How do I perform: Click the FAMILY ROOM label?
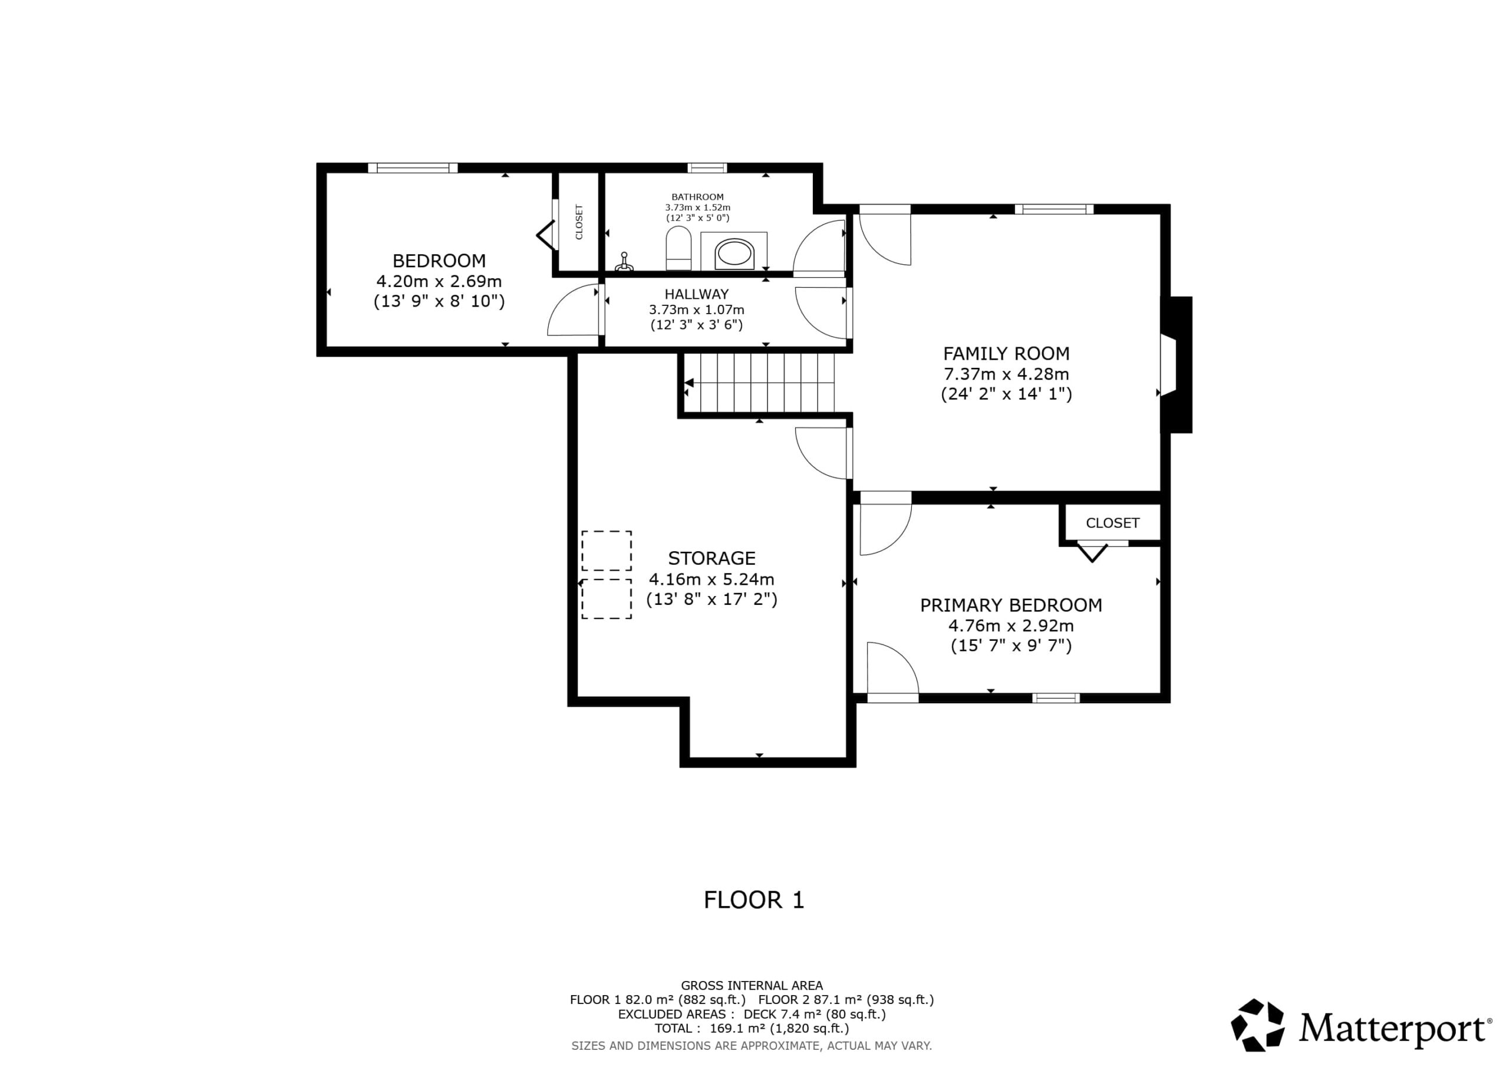pos(1006,354)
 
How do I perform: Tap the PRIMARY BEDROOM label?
pos(1011,605)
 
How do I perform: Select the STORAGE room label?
pos(712,558)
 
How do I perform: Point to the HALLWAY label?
pos(697,294)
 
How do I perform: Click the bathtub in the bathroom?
pos(733,252)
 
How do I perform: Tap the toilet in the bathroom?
pos(679,249)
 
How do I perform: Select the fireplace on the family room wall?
pos(1177,365)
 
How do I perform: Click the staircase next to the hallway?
pos(759,383)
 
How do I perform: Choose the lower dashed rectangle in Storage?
pos(607,599)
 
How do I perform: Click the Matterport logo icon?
pos(1257,1025)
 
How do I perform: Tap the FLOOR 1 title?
pos(754,900)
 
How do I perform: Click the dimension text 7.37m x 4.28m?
pos(1006,374)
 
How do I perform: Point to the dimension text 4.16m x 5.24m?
pos(712,579)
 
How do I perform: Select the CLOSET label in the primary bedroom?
pos(1113,523)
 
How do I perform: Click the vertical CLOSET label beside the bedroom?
pos(579,222)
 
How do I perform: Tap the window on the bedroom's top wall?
pos(413,167)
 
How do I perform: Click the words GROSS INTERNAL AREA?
pos(752,986)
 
